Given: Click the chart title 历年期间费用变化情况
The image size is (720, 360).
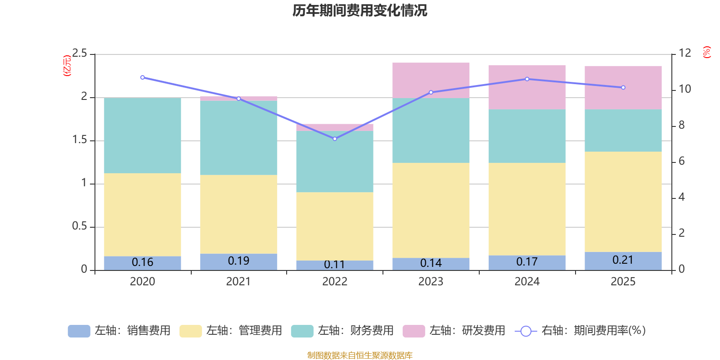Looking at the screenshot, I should tap(360, 10).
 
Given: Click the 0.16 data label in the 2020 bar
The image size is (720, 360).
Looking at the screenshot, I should tap(143, 262).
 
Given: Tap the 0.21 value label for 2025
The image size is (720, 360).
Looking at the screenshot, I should tap(623, 260).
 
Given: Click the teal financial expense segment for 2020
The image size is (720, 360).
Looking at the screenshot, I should tap(143, 135).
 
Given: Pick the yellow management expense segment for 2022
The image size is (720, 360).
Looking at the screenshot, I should tap(335, 226).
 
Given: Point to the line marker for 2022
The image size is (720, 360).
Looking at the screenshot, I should tap(335, 139).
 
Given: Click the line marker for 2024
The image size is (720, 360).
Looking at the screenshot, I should tap(527, 79).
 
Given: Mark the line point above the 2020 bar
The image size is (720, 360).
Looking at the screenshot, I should tap(143, 77).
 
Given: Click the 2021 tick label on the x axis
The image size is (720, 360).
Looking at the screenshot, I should tap(238, 282).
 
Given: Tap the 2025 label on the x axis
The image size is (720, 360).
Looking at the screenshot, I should tap(623, 282).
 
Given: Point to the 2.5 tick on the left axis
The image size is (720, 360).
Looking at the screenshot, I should tap(80, 54).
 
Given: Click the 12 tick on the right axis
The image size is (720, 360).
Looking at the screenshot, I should tap(685, 53).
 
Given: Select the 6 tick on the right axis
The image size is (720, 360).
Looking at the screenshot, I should tap(681, 161).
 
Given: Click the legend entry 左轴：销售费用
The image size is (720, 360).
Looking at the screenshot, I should tap(120, 331).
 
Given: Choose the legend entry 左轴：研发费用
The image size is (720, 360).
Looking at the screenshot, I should tap(454, 331).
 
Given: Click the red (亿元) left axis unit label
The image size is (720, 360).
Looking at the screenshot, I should tap(67, 66).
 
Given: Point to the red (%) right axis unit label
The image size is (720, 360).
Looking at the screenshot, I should tap(706, 52).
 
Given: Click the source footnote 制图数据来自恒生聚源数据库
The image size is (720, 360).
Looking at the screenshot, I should tap(360, 355).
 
